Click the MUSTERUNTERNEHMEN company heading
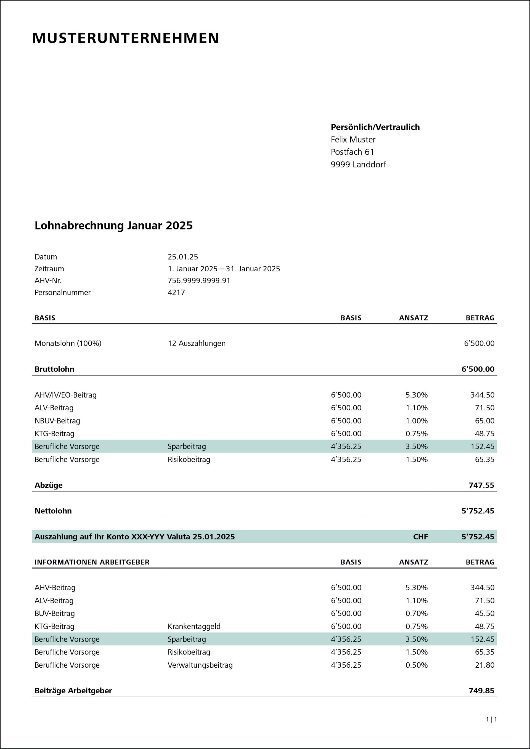click(125, 38)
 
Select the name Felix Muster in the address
click(353, 140)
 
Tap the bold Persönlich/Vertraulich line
click(375, 127)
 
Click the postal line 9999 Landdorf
click(358, 164)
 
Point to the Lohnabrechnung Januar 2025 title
click(114, 225)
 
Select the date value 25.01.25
click(182, 257)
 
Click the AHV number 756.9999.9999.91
click(198, 280)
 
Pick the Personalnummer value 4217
click(176, 292)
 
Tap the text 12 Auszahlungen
click(196, 343)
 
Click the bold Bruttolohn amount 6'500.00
click(478, 369)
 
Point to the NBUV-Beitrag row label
click(57, 421)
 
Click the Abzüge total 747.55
click(481, 485)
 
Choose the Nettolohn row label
click(53, 511)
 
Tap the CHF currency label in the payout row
click(420, 537)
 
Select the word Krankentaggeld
click(194, 626)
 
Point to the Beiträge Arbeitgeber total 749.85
click(481, 691)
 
